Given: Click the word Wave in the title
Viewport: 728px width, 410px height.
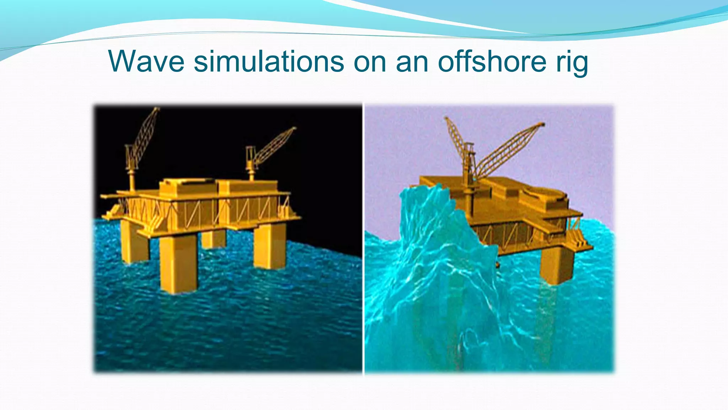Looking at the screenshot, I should click(x=146, y=61).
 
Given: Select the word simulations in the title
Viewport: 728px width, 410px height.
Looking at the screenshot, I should click(x=268, y=61).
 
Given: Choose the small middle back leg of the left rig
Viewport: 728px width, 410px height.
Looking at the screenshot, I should click(x=213, y=238).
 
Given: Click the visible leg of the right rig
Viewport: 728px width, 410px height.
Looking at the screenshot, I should click(x=556, y=265).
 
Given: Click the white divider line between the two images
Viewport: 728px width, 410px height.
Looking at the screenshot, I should click(x=363, y=238).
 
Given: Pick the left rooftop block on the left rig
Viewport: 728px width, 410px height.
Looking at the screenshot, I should click(x=187, y=187).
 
